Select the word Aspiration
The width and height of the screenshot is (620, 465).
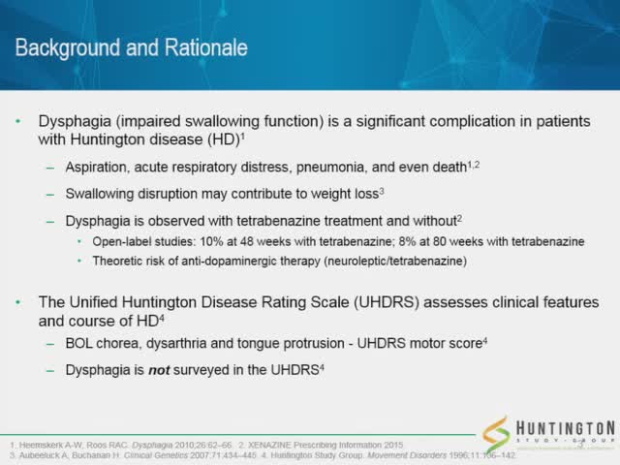(99, 168)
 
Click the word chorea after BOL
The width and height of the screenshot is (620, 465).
(121, 347)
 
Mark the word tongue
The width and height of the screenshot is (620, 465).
(263, 347)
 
